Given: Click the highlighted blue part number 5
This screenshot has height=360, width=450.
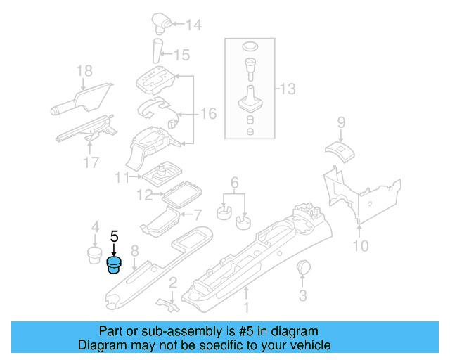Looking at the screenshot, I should (113, 266).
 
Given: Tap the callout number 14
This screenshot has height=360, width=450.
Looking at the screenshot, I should (193, 25).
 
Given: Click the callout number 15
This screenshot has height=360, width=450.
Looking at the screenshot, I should (181, 54).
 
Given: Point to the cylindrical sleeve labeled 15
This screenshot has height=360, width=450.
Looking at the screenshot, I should (158, 52).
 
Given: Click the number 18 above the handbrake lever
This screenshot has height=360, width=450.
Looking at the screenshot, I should (84, 70).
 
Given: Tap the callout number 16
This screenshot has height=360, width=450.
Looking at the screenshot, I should (209, 113).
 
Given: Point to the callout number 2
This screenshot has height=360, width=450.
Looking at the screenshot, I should (172, 283).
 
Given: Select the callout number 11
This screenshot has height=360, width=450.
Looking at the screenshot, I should (123, 177).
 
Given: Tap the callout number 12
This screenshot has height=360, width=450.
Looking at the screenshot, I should (144, 194).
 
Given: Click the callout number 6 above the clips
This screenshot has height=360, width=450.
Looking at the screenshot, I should (234, 181).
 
